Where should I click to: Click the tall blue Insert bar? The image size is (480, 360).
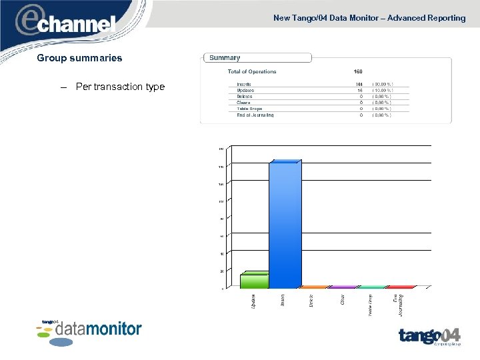285,224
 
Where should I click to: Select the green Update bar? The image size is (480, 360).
255,281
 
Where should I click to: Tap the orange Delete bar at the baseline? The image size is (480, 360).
314,287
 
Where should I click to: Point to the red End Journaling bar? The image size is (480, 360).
401,287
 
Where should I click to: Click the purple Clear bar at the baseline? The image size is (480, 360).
343,287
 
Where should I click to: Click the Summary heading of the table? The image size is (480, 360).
225,58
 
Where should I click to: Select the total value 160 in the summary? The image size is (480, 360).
359,72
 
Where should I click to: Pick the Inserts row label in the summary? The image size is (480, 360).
244,84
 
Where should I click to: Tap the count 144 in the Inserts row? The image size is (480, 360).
359,84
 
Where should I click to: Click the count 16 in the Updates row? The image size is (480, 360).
360,90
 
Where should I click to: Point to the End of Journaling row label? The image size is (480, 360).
255,115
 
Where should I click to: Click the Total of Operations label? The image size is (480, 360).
252,72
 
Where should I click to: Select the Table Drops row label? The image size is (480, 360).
249,109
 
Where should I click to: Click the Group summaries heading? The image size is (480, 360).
79,58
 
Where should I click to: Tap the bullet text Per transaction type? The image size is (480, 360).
120,87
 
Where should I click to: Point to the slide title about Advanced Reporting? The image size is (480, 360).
369,18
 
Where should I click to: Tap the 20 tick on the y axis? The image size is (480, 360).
221,271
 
